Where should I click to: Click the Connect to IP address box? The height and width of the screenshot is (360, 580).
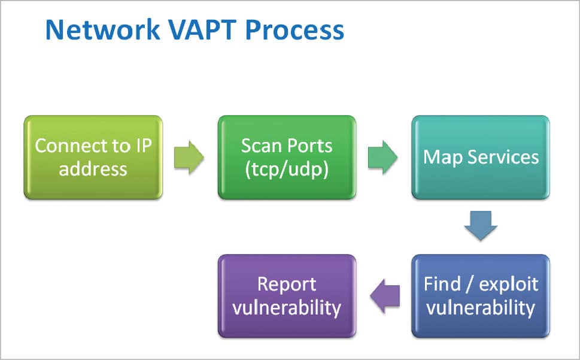[93, 158]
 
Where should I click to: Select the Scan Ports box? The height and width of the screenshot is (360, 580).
[287, 158]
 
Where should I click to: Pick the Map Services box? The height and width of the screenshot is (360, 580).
[481, 158]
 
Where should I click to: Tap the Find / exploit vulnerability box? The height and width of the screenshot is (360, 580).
[481, 296]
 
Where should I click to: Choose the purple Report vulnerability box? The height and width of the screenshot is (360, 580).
[287, 296]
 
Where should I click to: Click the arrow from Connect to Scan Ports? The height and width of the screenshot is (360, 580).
[189, 158]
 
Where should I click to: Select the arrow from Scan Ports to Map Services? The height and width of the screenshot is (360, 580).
[382, 158]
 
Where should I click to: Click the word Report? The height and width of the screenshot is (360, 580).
[287, 285]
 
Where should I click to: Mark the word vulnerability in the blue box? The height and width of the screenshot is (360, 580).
[481, 307]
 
